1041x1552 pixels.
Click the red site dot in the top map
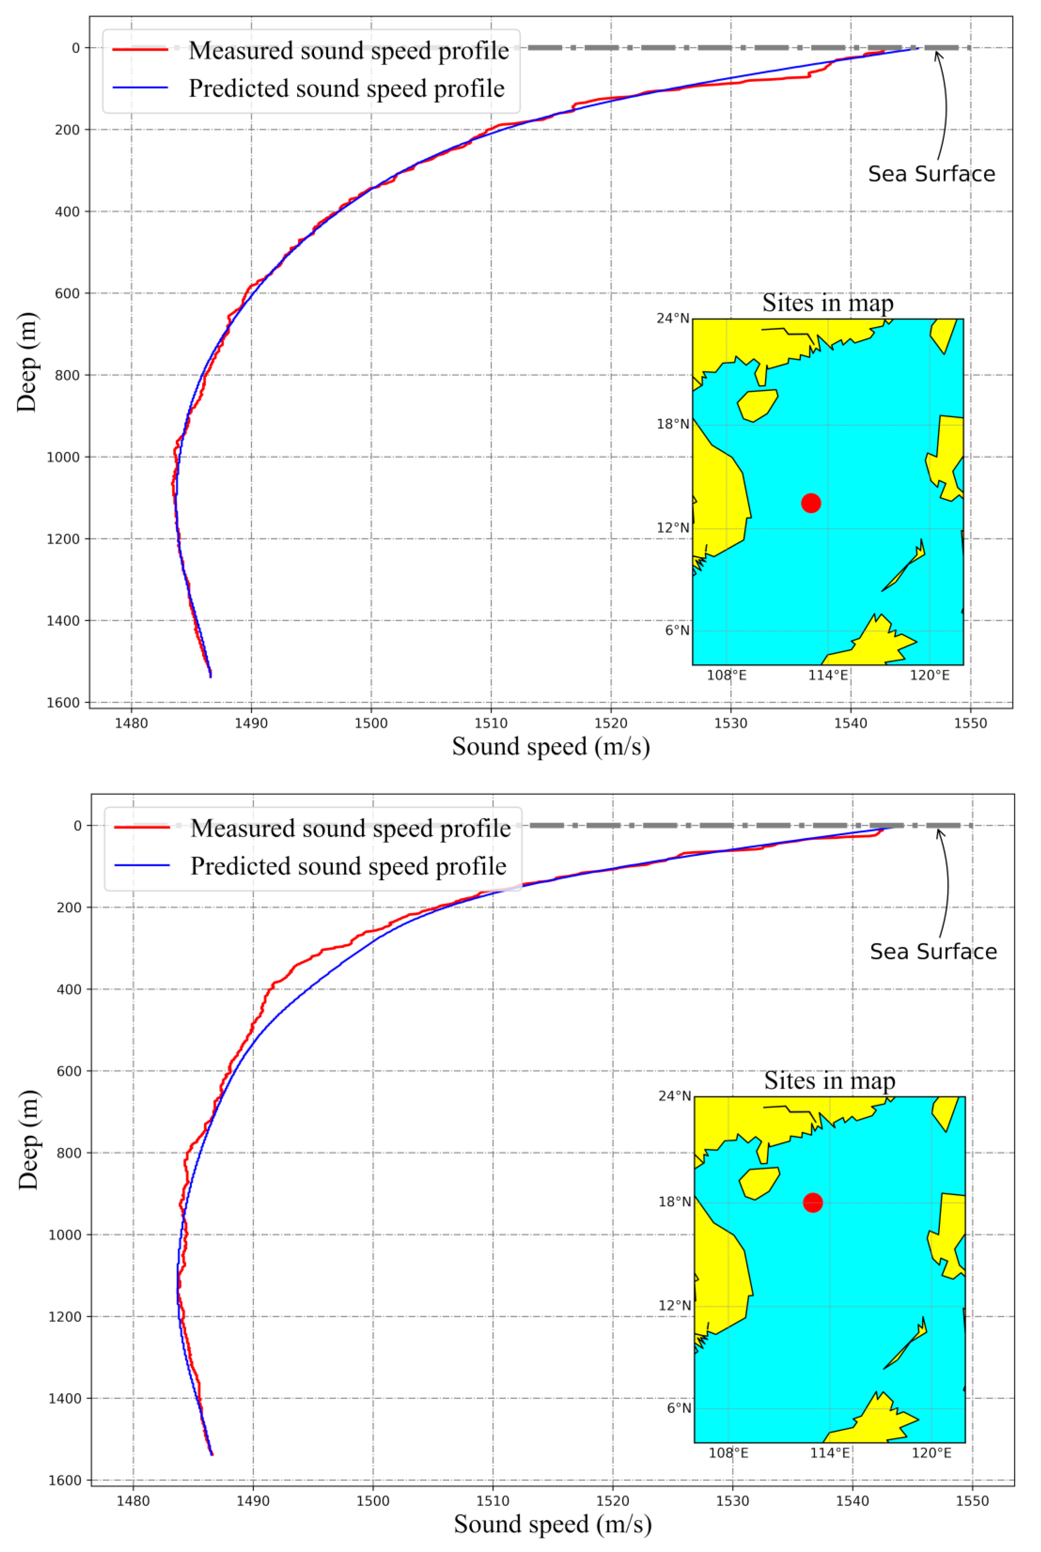[811, 503]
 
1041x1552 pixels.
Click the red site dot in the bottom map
[813, 1202]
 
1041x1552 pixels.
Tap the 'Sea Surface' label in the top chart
[931, 174]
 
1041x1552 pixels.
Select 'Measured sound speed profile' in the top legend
[348, 50]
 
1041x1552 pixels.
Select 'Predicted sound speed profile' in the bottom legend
[348, 866]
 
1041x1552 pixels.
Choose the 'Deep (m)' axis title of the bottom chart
[28, 1139]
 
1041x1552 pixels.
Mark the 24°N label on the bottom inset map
[674, 1096]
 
